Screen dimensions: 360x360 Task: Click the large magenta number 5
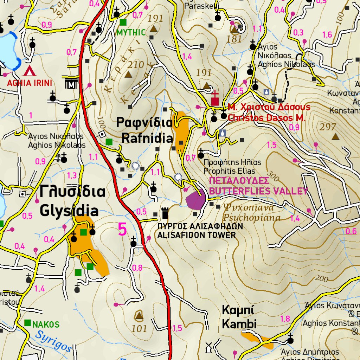tap(122, 230)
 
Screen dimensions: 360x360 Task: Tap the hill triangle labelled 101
tap(139, 316)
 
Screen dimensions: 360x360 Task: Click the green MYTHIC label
tap(130, 33)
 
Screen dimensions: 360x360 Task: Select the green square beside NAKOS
tap(27, 323)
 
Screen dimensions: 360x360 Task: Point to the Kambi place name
tap(239, 317)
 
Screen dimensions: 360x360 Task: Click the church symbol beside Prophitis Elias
tap(201, 154)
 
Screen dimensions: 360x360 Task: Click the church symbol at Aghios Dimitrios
tap(290, 340)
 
